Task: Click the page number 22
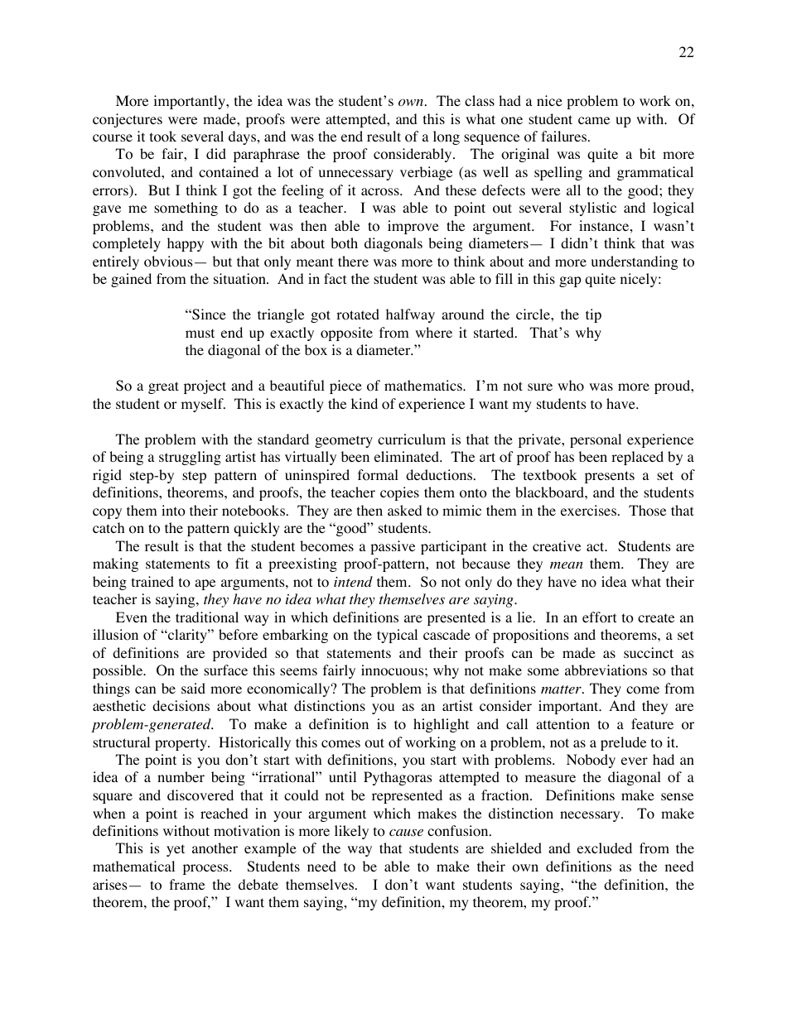[686, 53]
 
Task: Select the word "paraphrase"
[229, 155]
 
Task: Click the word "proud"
[674, 387]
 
